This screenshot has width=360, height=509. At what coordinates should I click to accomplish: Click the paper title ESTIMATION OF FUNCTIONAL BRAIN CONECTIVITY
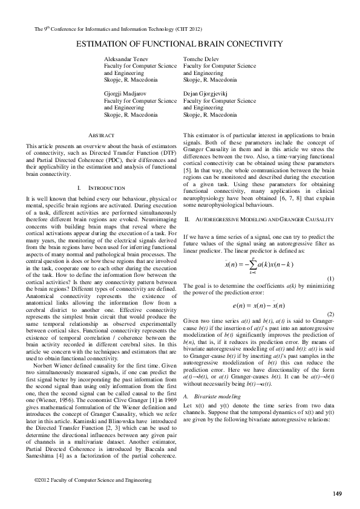[x=179, y=44]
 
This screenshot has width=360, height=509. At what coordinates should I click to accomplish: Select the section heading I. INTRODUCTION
[x=101, y=188]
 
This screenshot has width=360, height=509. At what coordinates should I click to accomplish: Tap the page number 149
[x=337, y=494]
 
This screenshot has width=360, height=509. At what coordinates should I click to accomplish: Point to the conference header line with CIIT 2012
[x=114, y=28]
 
